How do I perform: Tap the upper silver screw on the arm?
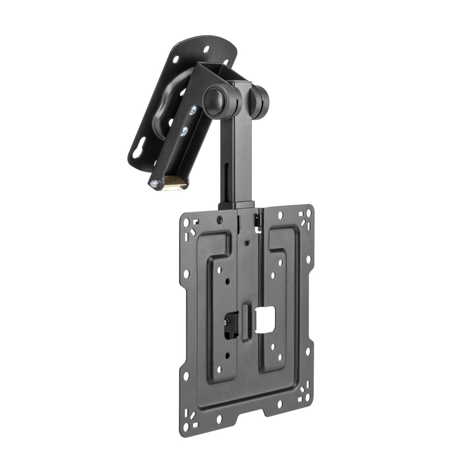[x=192, y=112]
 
